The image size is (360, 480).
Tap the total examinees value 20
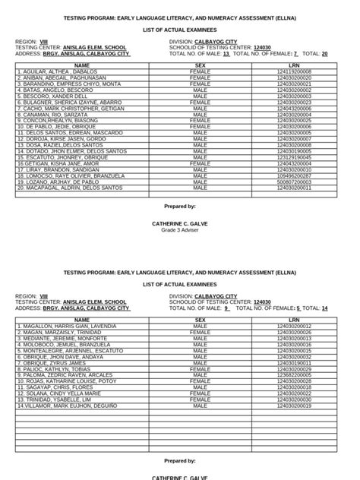point(325,54)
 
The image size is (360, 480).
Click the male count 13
point(226,54)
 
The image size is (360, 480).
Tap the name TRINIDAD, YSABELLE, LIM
point(53,399)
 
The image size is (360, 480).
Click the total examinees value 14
point(325,308)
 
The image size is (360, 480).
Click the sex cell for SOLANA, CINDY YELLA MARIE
point(201,393)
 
